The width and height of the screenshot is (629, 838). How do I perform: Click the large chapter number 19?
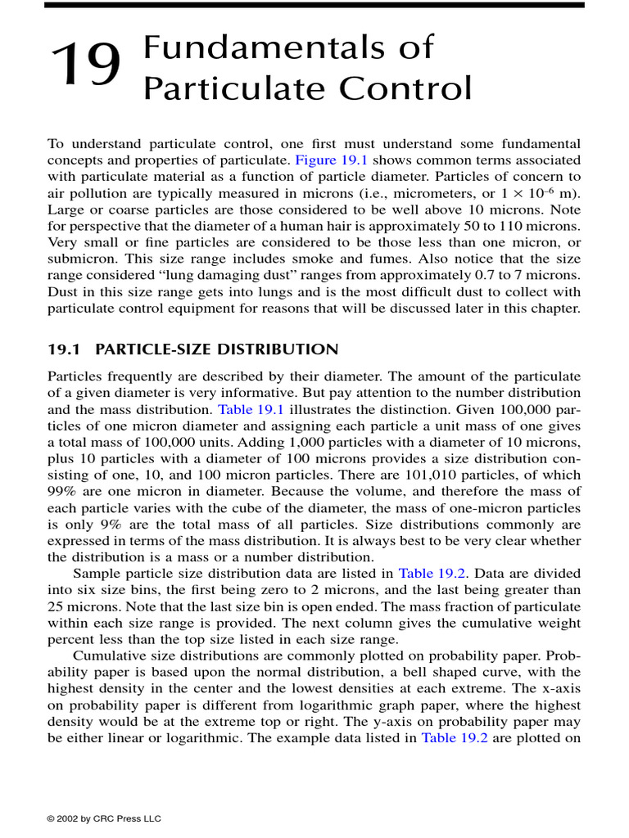click(x=86, y=66)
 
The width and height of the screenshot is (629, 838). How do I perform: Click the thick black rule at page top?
click(x=314, y=5)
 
